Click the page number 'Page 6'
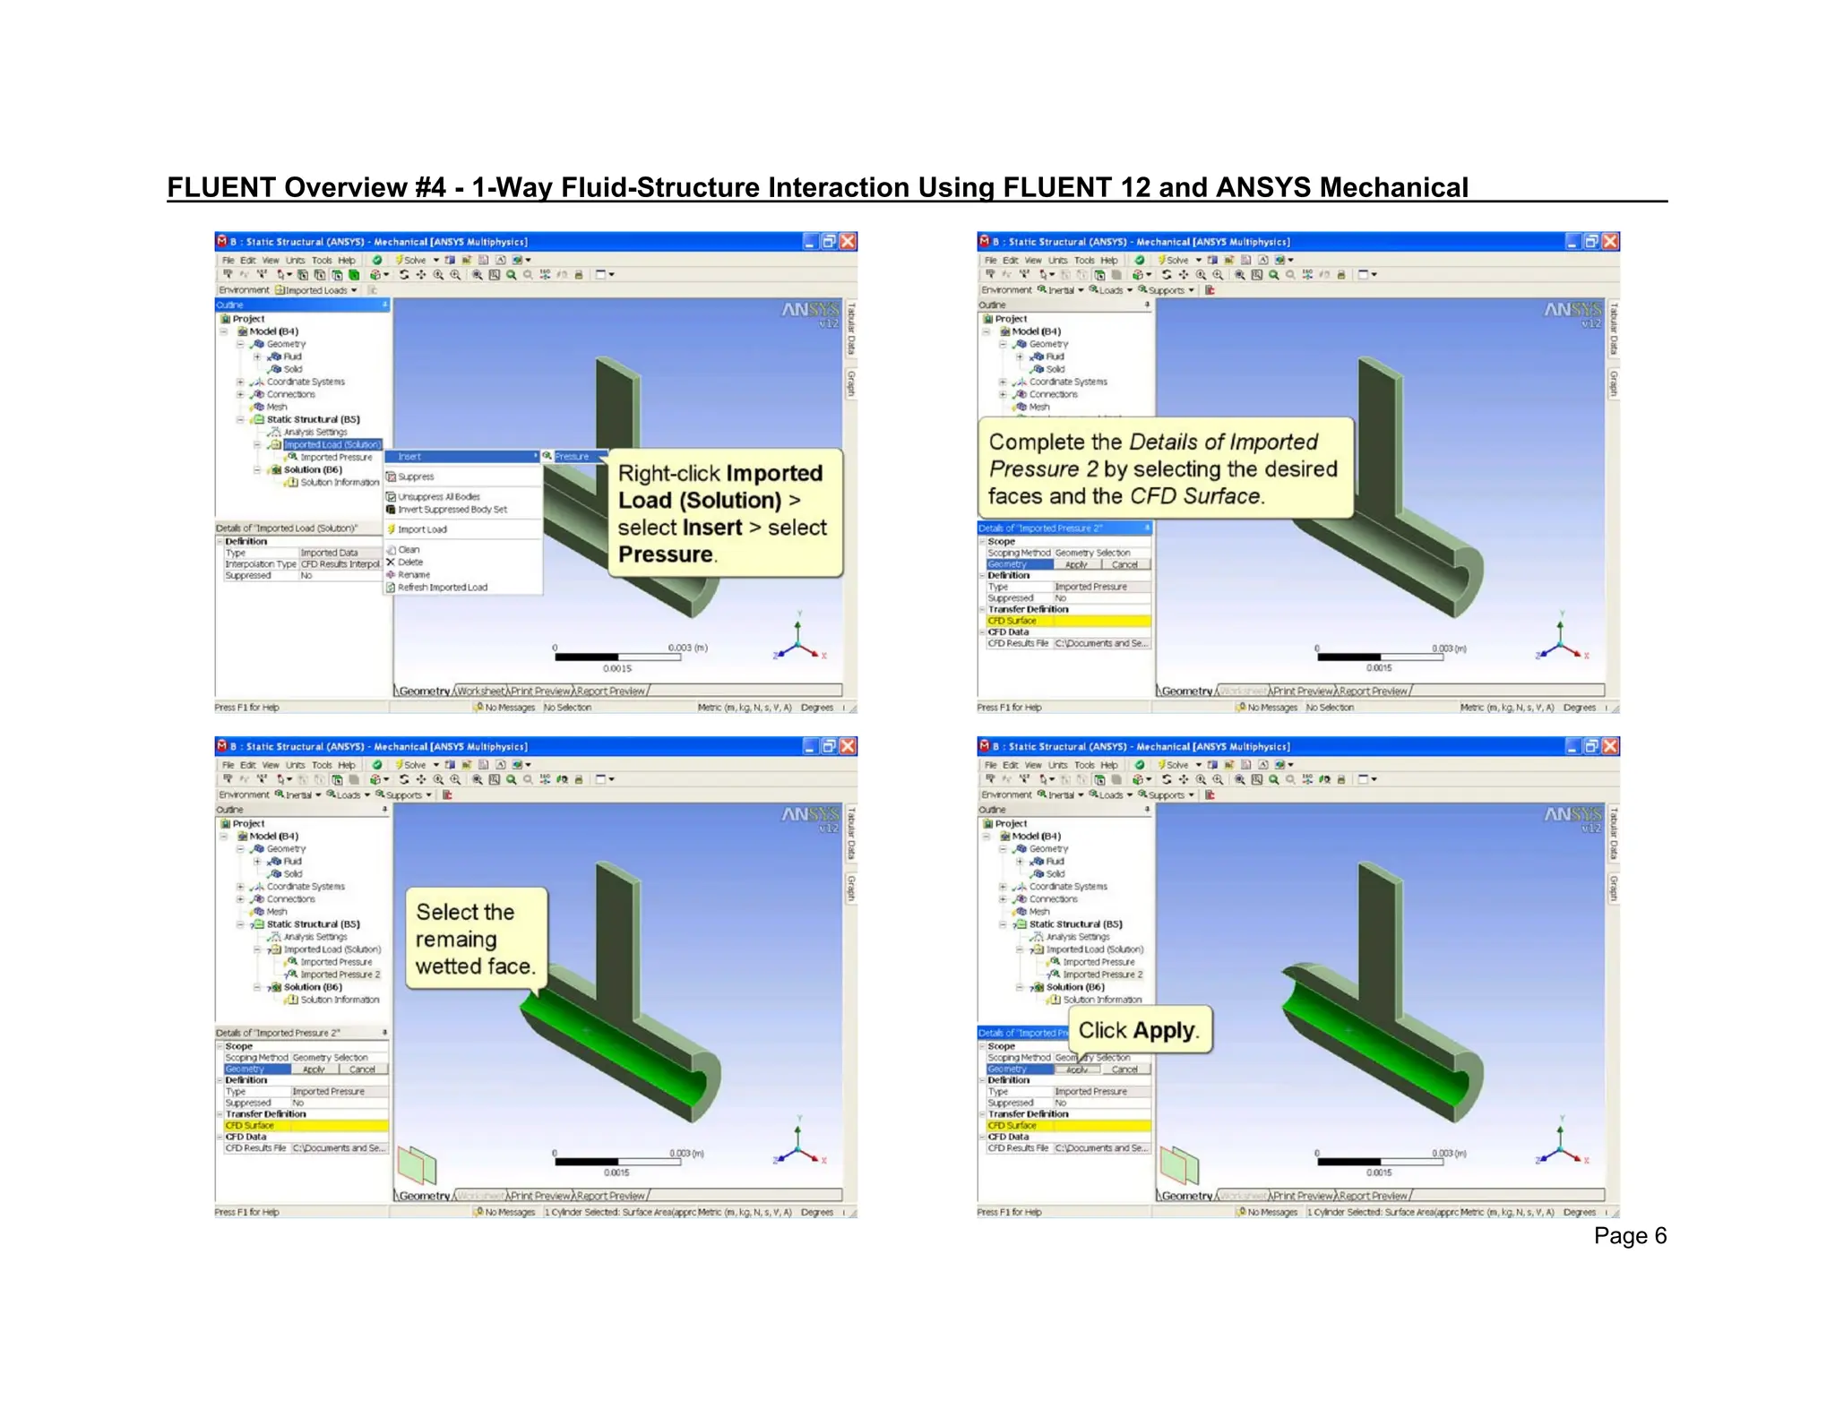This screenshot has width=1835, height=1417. (x=1629, y=1236)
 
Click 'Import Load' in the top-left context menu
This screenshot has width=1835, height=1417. (x=422, y=529)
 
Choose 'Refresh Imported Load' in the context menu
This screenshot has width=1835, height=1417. (x=443, y=588)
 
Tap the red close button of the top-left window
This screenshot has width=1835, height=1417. (x=848, y=241)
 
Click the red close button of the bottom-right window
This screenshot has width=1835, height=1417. (x=1610, y=746)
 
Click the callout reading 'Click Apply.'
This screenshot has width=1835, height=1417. (x=1139, y=1030)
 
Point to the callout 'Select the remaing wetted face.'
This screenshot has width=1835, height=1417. (x=475, y=939)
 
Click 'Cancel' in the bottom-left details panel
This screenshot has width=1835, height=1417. (x=362, y=1069)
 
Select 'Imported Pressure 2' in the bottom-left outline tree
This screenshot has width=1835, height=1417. (x=340, y=975)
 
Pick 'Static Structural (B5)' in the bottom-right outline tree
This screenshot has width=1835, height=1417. (x=1075, y=924)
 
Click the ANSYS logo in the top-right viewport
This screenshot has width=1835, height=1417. (x=1572, y=310)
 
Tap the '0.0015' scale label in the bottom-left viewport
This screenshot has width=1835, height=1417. (x=616, y=1172)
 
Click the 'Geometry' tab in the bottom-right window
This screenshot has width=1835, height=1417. (x=1186, y=1196)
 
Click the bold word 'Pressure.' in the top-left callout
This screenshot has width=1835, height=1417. (x=666, y=555)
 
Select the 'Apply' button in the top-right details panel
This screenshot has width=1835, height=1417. (x=1076, y=565)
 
